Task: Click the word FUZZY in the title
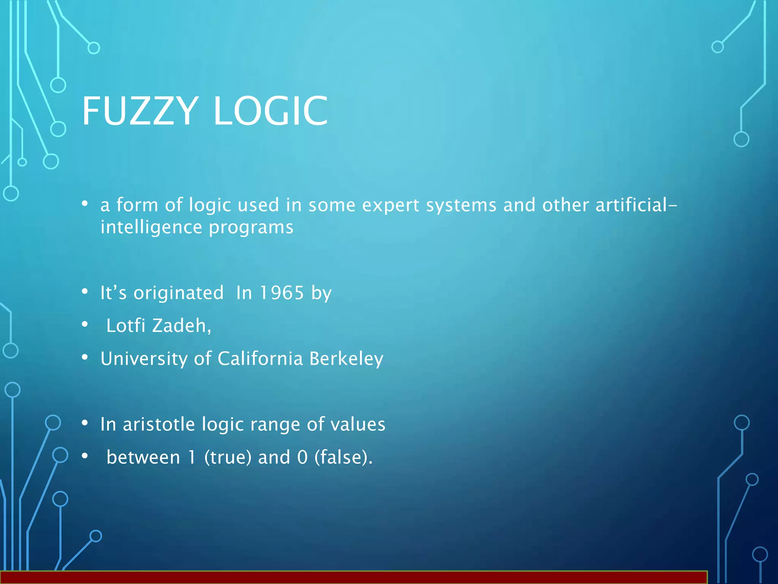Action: (140, 111)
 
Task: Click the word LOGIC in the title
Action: (270, 111)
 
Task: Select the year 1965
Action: (281, 293)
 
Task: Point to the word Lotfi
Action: (126, 326)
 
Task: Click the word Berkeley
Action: (346, 359)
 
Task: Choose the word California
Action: (260, 359)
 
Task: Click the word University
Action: (144, 359)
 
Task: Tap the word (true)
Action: (228, 457)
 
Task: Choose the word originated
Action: (179, 293)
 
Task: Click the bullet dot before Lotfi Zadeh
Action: (85, 324)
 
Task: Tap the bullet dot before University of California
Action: (85, 357)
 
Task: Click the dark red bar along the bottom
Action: (353, 578)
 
